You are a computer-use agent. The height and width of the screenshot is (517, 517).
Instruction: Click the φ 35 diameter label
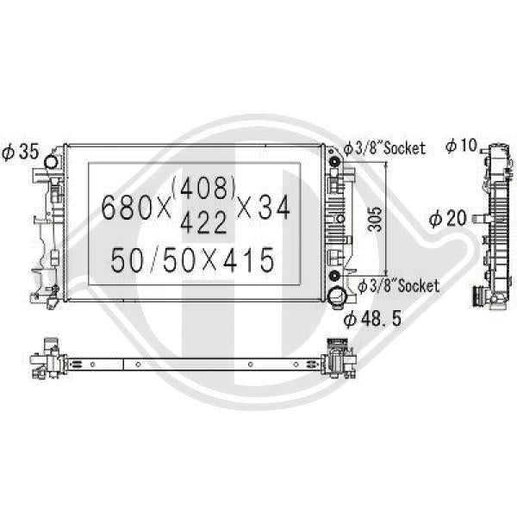(21, 152)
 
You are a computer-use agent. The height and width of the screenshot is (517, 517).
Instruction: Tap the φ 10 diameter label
(461, 145)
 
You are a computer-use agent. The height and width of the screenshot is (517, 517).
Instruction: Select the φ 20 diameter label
(448, 218)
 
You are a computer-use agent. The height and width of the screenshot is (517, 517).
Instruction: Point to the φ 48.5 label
(372, 319)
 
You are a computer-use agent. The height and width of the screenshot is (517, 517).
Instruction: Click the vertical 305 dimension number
(375, 219)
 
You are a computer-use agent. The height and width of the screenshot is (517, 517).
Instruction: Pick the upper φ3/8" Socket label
(384, 148)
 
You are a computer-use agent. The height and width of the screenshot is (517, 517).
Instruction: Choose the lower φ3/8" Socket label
(398, 285)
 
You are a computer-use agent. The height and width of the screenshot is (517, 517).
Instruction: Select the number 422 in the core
(203, 222)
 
